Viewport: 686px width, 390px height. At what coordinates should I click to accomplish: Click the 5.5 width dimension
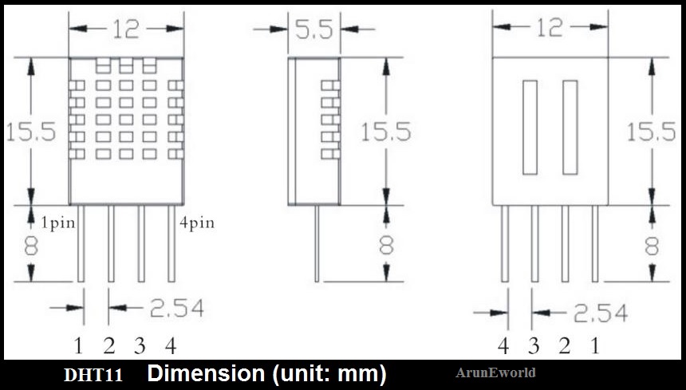pyautogui.click(x=313, y=30)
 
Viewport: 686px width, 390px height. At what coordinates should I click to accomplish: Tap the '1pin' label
pyautogui.click(x=58, y=223)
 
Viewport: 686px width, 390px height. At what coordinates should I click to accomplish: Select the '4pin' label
pyautogui.click(x=197, y=223)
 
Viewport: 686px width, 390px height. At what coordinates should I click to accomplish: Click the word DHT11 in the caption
pyautogui.click(x=93, y=375)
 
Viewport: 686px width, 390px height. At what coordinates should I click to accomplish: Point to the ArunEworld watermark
pyautogui.click(x=495, y=372)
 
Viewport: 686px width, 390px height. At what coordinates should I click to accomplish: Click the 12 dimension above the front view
pyautogui.click(x=126, y=30)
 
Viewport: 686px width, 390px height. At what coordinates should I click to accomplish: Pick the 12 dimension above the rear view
pyautogui.click(x=550, y=28)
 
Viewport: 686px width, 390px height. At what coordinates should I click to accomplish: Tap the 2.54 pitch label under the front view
pyautogui.click(x=177, y=308)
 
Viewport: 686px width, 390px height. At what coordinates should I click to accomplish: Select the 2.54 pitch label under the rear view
pyautogui.click(x=600, y=313)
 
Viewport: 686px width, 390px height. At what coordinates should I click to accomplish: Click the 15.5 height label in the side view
pyautogui.click(x=386, y=131)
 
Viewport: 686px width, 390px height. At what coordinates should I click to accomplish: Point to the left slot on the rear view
pyautogui.click(x=530, y=128)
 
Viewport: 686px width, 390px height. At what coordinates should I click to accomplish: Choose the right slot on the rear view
pyautogui.click(x=570, y=128)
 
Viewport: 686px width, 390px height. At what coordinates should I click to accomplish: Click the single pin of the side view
pyautogui.click(x=317, y=243)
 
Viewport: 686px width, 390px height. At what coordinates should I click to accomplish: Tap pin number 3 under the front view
pyautogui.click(x=140, y=346)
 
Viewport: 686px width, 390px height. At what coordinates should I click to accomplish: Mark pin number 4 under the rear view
pyautogui.click(x=503, y=346)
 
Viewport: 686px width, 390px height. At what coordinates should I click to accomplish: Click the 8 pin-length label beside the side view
pyautogui.click(x=386, y=246)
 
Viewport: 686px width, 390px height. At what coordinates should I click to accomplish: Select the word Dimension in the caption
pyautogui.click(x=206, y=374)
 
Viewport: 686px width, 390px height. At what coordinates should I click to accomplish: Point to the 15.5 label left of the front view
pyautogui.click(x=30, y=132)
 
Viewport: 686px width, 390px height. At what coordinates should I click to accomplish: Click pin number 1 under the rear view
pyautogui.click(x=594, y=346)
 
